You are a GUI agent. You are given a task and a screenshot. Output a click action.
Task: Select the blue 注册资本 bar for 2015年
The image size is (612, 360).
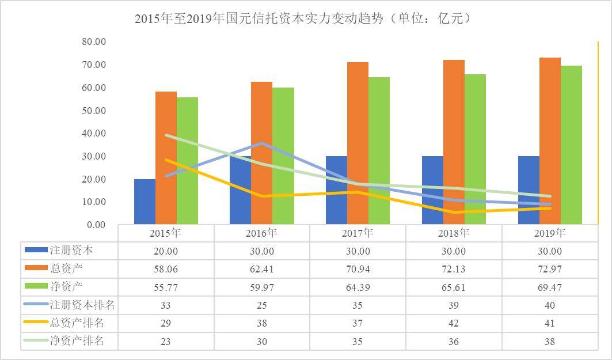(145, 202)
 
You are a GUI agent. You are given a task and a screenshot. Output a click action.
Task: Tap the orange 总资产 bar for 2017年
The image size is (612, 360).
(358, 143)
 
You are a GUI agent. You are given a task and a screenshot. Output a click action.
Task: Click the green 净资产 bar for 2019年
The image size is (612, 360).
(571, 145)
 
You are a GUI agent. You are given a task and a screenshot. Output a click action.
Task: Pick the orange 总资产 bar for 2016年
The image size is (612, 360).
(261, 153)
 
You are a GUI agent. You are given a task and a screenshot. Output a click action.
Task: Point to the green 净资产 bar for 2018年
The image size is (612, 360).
(475, 149)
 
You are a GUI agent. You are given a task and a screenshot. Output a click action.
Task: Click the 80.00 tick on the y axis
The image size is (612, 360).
(93, 42)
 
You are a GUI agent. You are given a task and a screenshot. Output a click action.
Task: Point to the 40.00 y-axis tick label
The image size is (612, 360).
(93, 133)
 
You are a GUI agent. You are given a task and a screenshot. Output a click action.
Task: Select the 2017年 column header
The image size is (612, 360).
(358, 233)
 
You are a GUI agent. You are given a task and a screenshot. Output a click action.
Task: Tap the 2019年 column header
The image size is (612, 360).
(549, 233)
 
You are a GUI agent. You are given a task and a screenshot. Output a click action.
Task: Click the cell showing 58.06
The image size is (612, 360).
(166, 269)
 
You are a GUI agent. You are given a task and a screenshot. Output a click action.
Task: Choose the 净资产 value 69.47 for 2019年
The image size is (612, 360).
(549, 287)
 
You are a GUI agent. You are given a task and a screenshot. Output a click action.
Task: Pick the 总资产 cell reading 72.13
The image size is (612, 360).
(454, 269)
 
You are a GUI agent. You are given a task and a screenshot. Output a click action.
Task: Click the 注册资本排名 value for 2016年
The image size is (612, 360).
(262, 305)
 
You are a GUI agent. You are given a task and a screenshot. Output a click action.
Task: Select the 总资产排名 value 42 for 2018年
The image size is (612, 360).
(454, 323)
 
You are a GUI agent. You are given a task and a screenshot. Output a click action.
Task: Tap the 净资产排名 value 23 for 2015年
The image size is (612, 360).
(166, 341)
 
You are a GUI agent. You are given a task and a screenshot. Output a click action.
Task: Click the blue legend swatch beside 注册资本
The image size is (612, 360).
(36, 251)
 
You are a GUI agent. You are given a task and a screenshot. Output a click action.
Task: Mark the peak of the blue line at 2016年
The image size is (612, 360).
(262, 143)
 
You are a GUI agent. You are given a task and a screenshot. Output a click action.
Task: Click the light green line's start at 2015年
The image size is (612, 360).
(166, 135)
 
